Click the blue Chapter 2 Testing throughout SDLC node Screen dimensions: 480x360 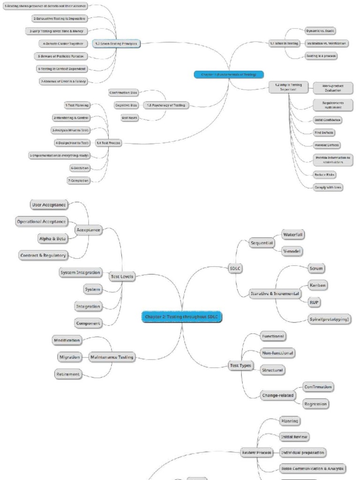(181, 317)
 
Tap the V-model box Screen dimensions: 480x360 (292, 251)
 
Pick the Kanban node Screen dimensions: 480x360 (318, 285)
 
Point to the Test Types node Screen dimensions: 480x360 (240, 366)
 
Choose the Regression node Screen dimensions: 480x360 (315, 404)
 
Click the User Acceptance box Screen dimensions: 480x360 (48, 205)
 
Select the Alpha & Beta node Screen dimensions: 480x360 (52, 238)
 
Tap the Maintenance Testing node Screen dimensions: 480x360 (112, 357)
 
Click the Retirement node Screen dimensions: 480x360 (67, 374)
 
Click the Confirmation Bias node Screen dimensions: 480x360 (123, 93)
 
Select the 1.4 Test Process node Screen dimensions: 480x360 (108, 142)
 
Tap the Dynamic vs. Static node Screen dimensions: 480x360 (320, 30)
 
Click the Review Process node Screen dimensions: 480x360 (256, 452)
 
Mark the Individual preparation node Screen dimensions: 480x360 (302, 452)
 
